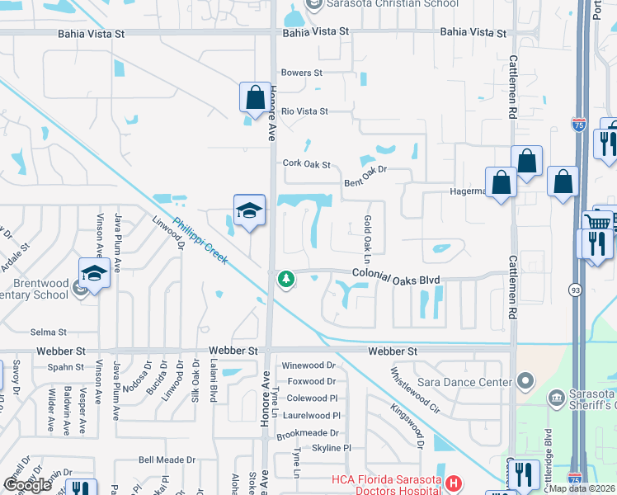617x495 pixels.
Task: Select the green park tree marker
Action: [286, 280]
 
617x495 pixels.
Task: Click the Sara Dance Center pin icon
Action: [525, 381]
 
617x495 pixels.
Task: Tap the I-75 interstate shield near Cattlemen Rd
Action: [579, 125]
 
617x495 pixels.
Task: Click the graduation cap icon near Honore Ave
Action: [248, 210]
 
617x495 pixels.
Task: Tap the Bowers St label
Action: [301, 73]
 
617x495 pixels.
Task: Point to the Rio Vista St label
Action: [304, 111]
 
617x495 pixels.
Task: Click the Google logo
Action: [27, 485]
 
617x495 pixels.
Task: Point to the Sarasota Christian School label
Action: [383, 4]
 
